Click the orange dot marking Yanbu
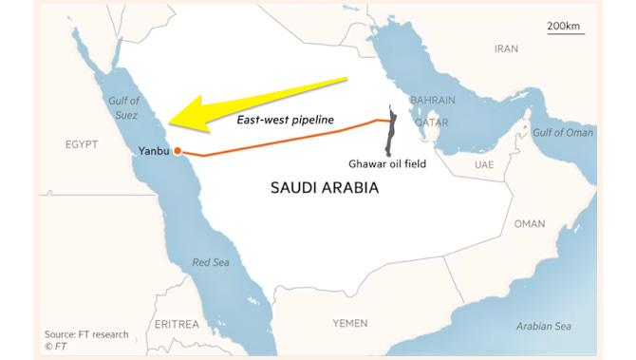[x=178, y=150]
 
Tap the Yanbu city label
[x=154, y=150]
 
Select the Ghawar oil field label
[x=388, y=163]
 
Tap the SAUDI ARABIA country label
[x=324, y=188]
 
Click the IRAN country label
[x=506, y=47]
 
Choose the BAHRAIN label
[x=432, y=100]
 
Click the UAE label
[x=484, y=164]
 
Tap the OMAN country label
[x=530, y=224]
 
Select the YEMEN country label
[x=349, y=324]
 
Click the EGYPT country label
[x=82, y=145]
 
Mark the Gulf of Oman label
[x=562, y=132]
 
